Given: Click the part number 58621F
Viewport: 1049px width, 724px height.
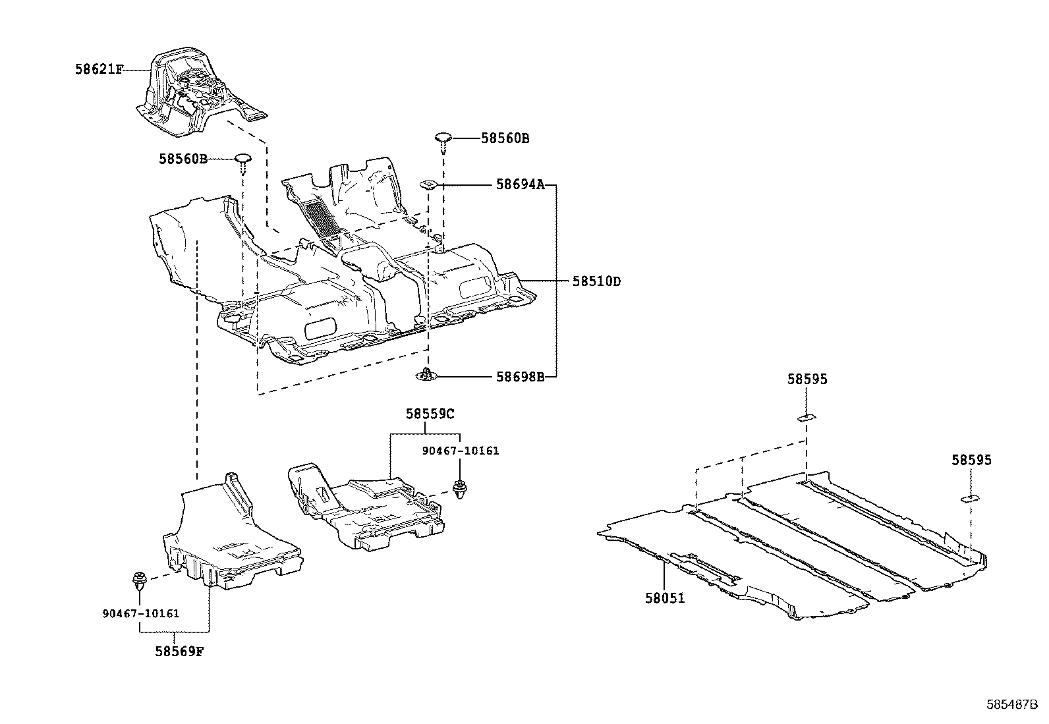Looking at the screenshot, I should click(98, 69).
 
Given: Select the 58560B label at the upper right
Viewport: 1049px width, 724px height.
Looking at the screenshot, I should click(505, 138).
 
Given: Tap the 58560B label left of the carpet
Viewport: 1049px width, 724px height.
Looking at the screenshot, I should click(183, 159).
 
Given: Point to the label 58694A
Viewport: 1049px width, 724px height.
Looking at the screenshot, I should click(520, 185).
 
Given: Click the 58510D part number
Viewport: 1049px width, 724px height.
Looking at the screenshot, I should click(596, 281).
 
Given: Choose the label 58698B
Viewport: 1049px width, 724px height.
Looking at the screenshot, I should click(520, 377).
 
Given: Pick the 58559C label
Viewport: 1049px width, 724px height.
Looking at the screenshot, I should click(430, 414).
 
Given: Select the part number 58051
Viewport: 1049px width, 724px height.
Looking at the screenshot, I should click(665, 598).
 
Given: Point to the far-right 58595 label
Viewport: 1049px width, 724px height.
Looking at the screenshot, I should click(971, 460).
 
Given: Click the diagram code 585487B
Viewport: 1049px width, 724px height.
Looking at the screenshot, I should click(1013, 704).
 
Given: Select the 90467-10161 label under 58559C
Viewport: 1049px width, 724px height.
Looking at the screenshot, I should click(461, 451).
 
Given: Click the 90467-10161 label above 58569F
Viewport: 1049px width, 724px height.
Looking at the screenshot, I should click(141, 613).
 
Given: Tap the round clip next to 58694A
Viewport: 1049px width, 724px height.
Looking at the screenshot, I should click(428, 185).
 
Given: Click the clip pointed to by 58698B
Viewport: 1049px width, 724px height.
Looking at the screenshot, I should click(427, 376).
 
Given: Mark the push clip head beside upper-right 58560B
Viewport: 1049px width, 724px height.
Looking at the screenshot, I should click(442, 138).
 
